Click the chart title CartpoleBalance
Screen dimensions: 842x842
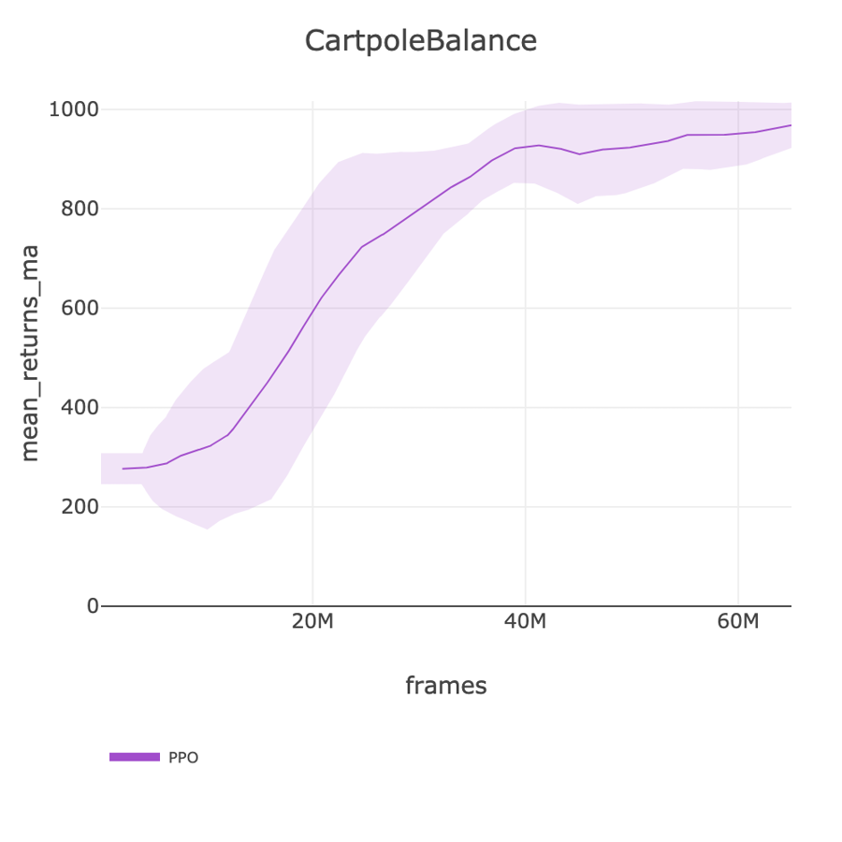tap(421, 41)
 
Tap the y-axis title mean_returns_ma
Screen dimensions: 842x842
tap(30, 353)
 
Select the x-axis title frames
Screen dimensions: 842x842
tap(445, 686)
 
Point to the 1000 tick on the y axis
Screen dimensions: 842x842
tap(74, 109)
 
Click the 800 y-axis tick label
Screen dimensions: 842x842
tap(80, 209)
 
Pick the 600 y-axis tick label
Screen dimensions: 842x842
tap(80, 308)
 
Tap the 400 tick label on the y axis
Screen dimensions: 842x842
tap(80, 407)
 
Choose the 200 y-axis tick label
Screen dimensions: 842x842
tap(80, 506)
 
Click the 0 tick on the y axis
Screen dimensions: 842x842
tap(92, 605)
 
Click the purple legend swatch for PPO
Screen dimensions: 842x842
tap(135, 757)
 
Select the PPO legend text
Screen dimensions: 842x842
tap(183, 757)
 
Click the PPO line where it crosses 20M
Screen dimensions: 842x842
tap(312, 313)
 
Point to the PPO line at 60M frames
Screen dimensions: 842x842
tap(738, 133)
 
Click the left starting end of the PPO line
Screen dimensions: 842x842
tap(123, 469)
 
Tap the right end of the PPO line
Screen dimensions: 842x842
tap(791, 125)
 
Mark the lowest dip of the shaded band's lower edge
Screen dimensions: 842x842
tap(207, 529)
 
